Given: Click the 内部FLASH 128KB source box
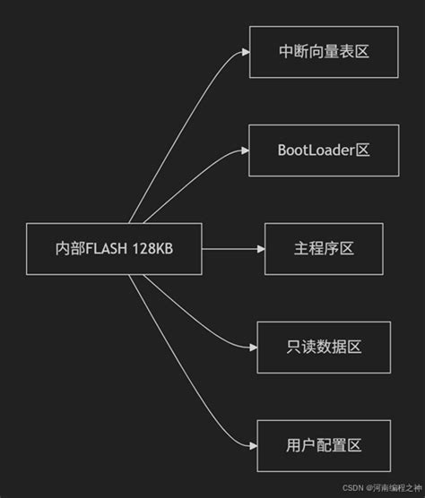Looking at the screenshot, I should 114,249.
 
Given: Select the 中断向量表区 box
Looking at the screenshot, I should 324,52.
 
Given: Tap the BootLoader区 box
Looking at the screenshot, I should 324,150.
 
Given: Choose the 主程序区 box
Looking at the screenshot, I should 324,249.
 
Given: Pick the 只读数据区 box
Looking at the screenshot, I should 324,348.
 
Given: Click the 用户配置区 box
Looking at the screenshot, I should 324,445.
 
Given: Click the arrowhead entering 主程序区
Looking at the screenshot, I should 259,249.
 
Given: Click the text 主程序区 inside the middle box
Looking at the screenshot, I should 324,249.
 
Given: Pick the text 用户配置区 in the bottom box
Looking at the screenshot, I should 324,445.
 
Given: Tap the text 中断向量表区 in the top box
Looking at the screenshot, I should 324,52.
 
